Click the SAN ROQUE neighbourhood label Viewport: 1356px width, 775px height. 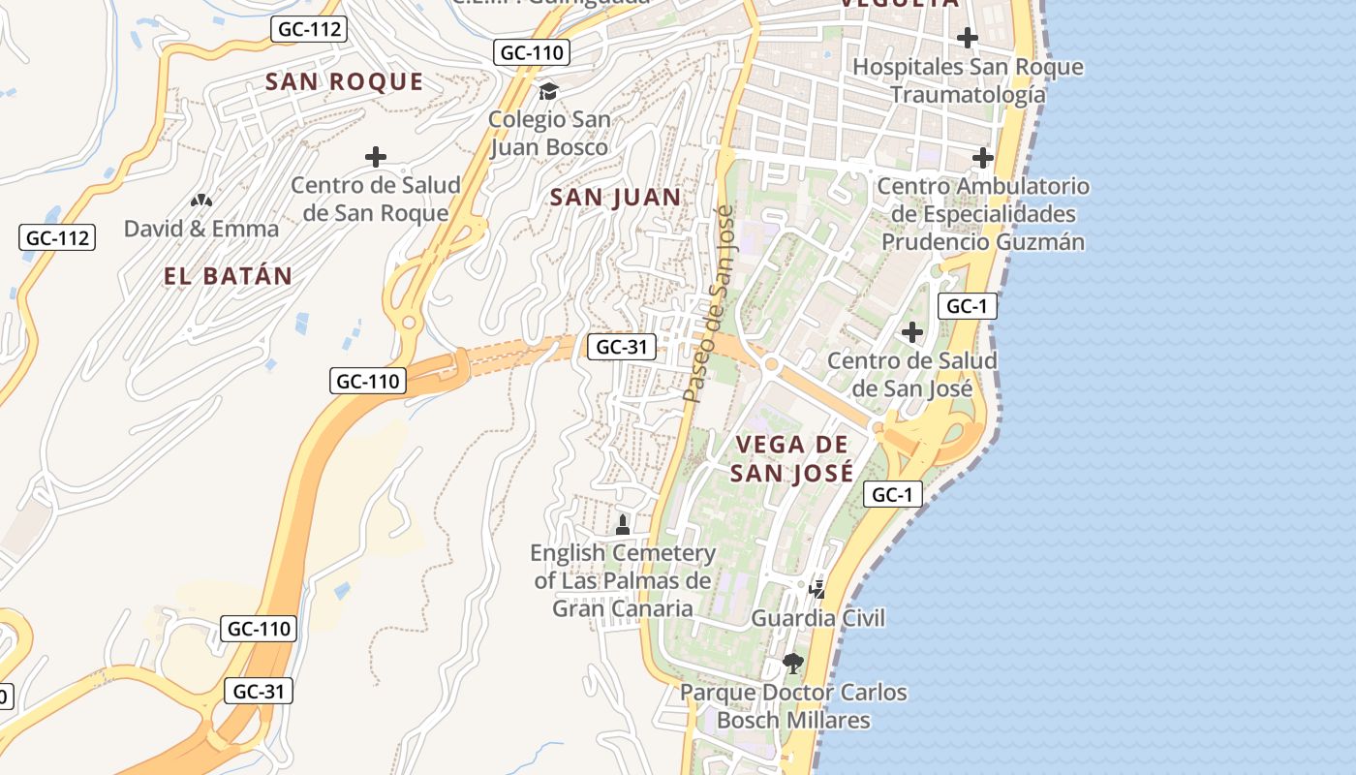click(344, 81)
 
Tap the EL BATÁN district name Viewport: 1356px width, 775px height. click(228, 276)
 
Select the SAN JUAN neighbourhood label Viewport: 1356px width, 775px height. click(615, 198)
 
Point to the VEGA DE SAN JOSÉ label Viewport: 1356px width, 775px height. click(792, 458)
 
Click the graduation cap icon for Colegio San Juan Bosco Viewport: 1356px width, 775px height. click(549, 92)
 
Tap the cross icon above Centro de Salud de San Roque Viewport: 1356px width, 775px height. click(375, 157)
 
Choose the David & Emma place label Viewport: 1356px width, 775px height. click(201, 229)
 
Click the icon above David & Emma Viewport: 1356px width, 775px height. click(201, 201)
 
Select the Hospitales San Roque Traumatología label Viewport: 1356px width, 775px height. click(968, 80)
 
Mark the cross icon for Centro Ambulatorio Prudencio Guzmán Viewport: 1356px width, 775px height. click(983, 157)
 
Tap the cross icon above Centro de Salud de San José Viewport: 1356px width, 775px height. click(911, 332)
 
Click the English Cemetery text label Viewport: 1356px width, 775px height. click(623, 580)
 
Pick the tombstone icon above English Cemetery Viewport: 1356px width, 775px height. click(623, 525)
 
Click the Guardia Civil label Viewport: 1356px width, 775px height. click(818, 618)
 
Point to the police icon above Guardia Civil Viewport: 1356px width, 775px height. click(817, 589)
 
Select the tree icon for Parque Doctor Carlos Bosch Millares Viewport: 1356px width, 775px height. click(793, 664)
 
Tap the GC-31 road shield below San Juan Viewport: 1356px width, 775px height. click(621, 346)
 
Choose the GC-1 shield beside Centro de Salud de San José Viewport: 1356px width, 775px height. click(967, 307)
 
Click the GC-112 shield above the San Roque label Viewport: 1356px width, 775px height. click(309, 29)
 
